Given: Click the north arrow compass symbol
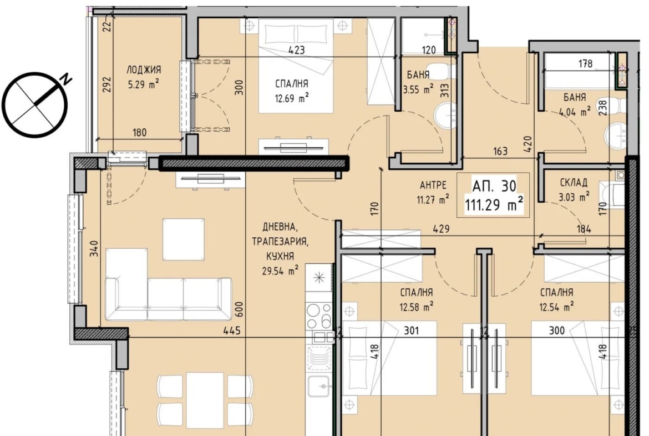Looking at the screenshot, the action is [35, 104].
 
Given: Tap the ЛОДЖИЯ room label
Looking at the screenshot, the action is [144, 69].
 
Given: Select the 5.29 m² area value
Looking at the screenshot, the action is [143, 84].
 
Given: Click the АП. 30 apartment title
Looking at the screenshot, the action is [494, 186].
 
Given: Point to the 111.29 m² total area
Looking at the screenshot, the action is [494, 204].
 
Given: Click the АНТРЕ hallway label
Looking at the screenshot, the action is [433, 185].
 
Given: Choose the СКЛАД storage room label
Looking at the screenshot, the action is [573, 183].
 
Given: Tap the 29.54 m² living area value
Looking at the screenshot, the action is [280, 271].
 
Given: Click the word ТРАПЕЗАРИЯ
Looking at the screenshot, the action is [280, 242].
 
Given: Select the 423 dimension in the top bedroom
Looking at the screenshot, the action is [296, 50].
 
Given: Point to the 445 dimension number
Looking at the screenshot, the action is [232, 330].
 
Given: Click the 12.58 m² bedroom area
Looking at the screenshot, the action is [417, 307].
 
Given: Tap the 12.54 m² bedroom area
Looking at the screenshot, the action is [556, 307].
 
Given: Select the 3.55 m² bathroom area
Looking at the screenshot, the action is [418, 89].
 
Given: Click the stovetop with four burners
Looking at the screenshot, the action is [319, 316].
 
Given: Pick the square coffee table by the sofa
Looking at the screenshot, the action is [184, 239].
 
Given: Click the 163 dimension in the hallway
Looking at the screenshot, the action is [500, 151].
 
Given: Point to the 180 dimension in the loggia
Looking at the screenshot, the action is [139, 133].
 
